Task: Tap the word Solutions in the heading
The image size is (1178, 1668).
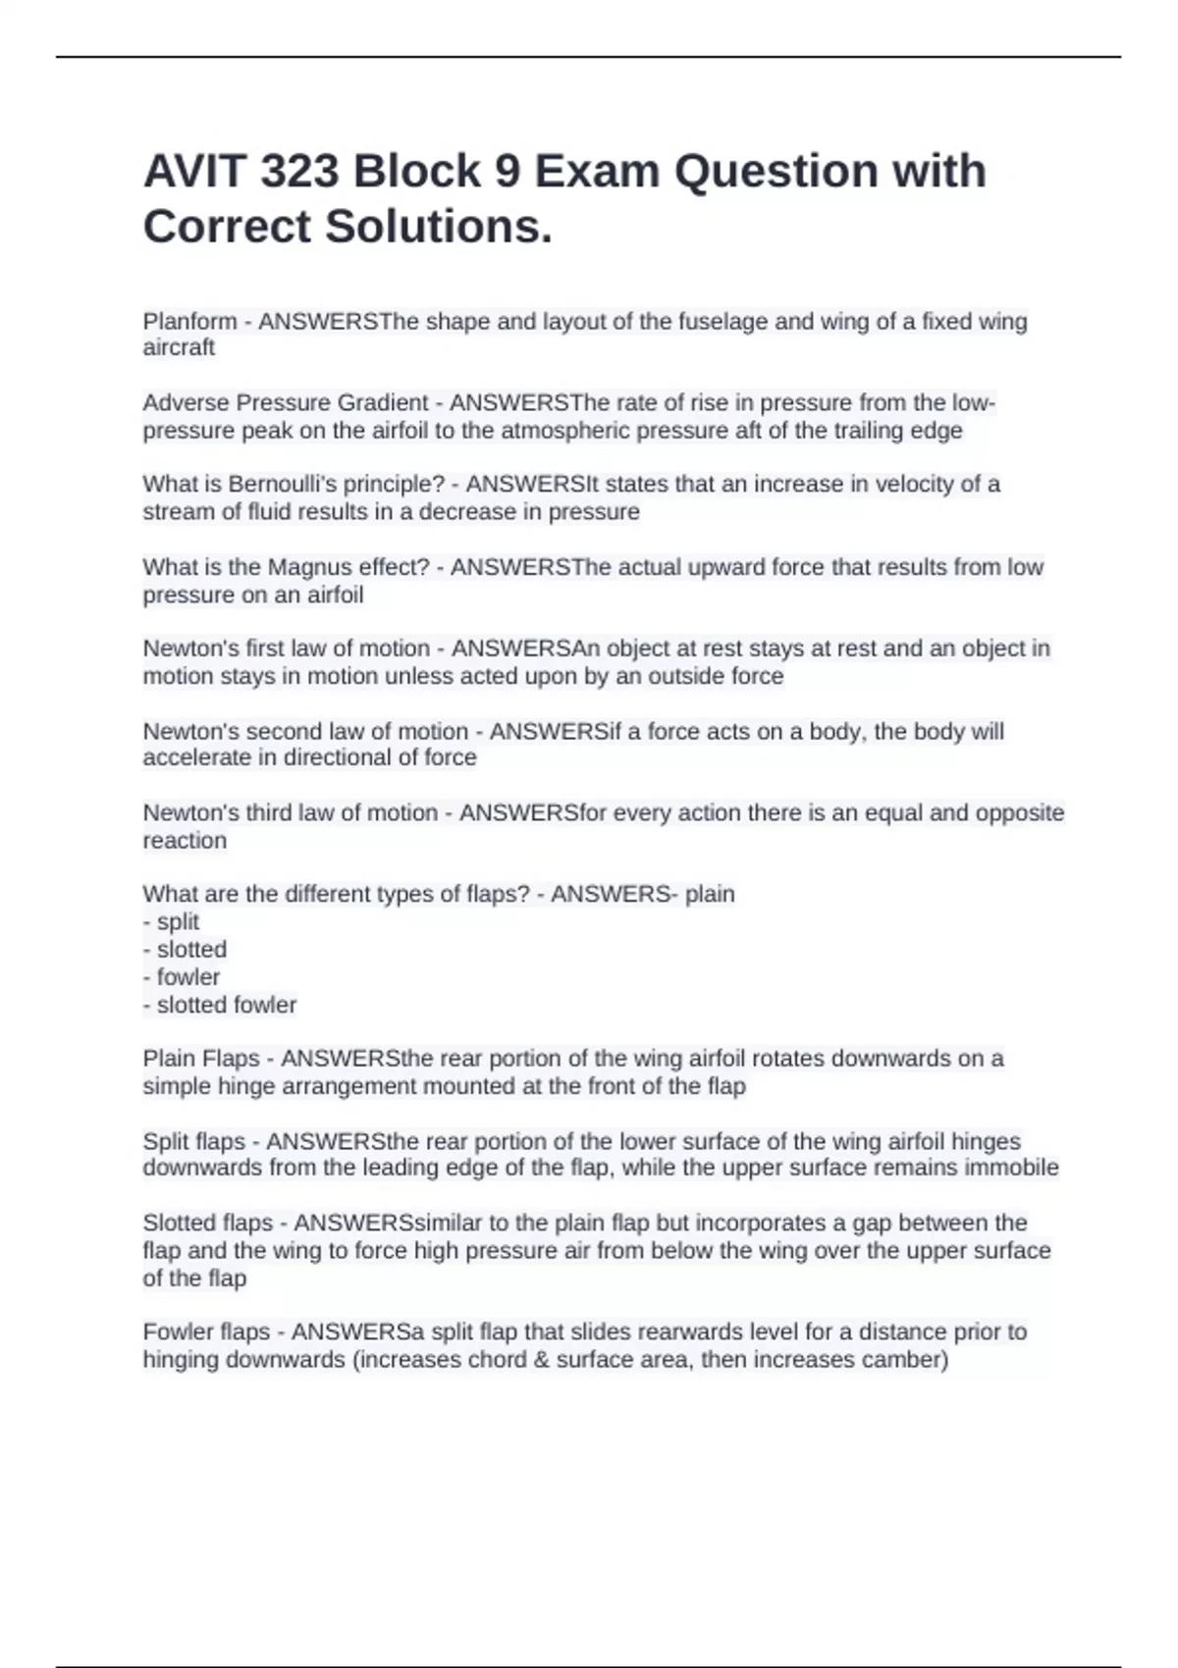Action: (438, 227)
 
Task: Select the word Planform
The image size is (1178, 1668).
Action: (189, 322)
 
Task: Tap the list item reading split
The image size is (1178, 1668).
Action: (178, 922)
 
